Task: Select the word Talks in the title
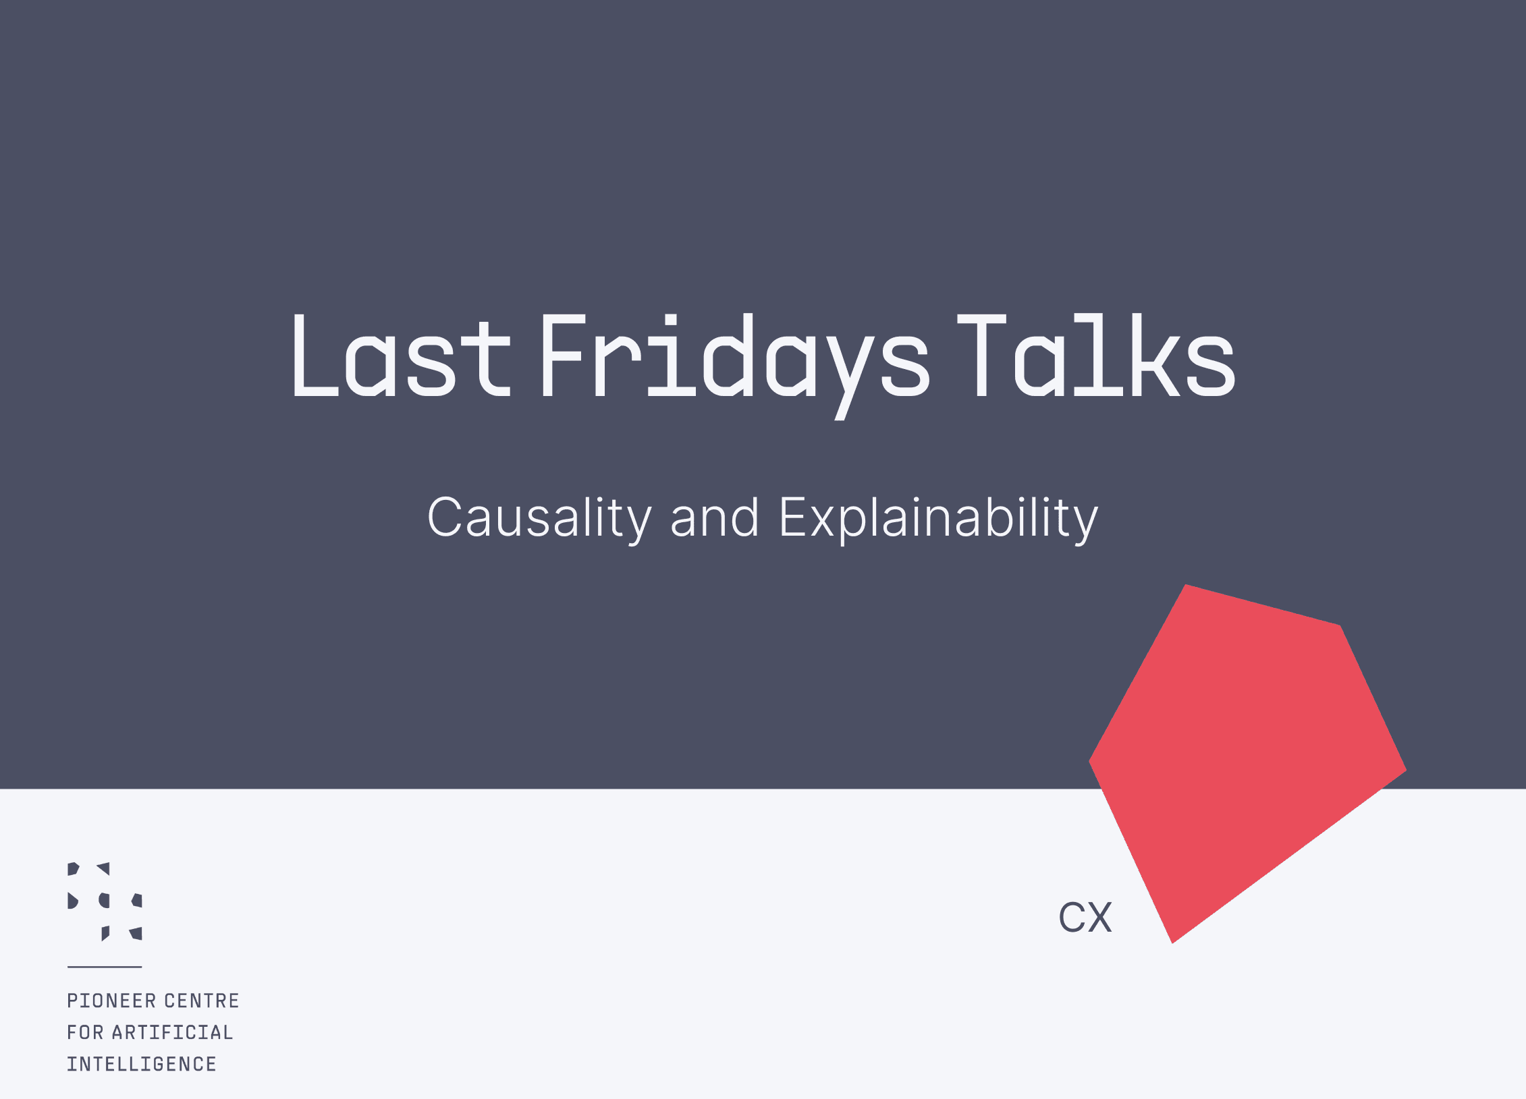(1097, 355)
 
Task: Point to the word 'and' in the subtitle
(715, 518)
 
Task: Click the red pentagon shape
(1242, 756)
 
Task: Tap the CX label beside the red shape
(1085, 918)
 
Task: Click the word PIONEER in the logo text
(111, 1001)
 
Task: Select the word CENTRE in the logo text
(202, 1001)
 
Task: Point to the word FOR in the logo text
(85, 1032)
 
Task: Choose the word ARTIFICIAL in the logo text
(173, 1032)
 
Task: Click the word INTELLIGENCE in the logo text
(142, 1064)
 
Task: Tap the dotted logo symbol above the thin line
(105, 901)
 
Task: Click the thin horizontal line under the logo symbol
(105, 967)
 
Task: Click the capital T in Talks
(982, 356)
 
